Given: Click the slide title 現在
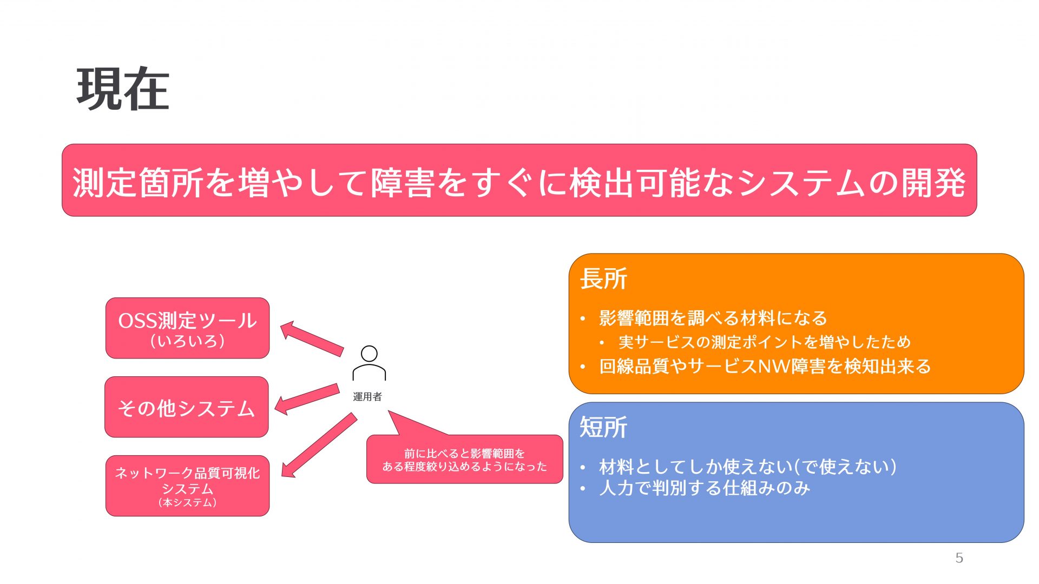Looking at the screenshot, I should coord(123,89).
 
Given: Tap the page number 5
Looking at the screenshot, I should coord(959,558).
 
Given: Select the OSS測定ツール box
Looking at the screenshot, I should coord(187,328).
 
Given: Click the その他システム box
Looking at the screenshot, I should coord(187,408).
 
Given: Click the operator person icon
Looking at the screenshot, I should coord(369,363).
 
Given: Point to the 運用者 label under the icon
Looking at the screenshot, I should coord(367,397).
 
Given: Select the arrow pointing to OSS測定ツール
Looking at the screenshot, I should coord(312,339).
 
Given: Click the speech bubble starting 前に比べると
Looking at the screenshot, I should coord(464,460).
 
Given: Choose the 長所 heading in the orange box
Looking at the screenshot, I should coord(603,279).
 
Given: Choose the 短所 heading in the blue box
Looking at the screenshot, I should coord(603,427).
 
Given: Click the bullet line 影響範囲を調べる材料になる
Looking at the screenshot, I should coord(713,318).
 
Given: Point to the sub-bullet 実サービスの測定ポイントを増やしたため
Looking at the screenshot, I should coord(765,342).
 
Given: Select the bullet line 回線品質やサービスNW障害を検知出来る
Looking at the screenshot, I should coord(765,366).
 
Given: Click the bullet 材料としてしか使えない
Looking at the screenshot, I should coord(747,466).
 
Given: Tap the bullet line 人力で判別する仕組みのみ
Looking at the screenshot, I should coord(704,488).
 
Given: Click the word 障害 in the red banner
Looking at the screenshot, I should coord(403,182).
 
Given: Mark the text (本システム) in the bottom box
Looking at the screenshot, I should coord(187,503).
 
